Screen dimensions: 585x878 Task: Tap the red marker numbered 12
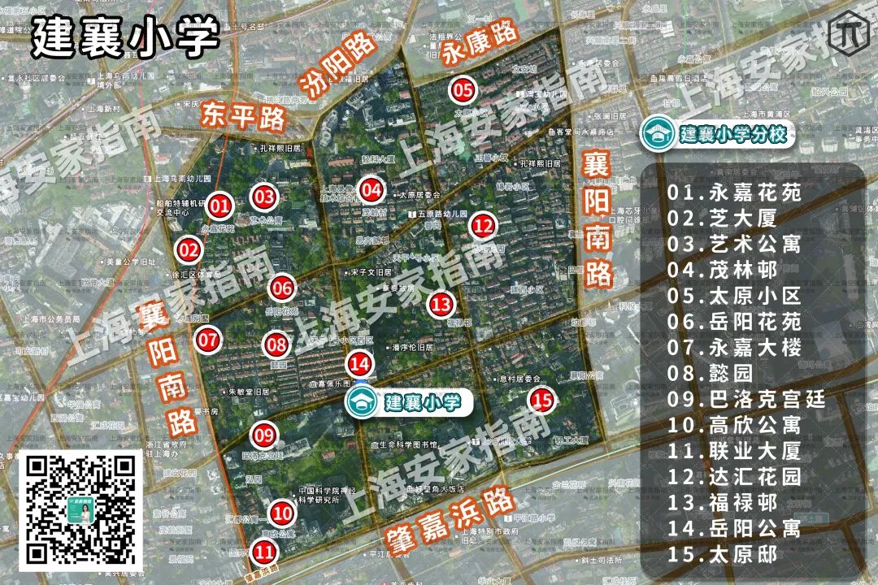click(x=483, y=225)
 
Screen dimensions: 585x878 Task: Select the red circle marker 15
click(x=542, y=399)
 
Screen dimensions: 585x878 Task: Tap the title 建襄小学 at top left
click(x=126, y=36)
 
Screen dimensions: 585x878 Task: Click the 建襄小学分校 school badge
click(x=716, y=134)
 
